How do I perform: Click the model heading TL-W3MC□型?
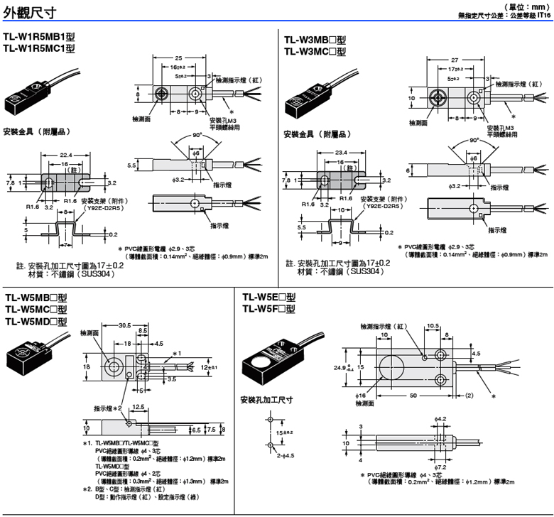click(315, 51)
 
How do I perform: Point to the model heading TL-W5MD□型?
click(36, 320)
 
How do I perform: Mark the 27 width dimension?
click(455, 61)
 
